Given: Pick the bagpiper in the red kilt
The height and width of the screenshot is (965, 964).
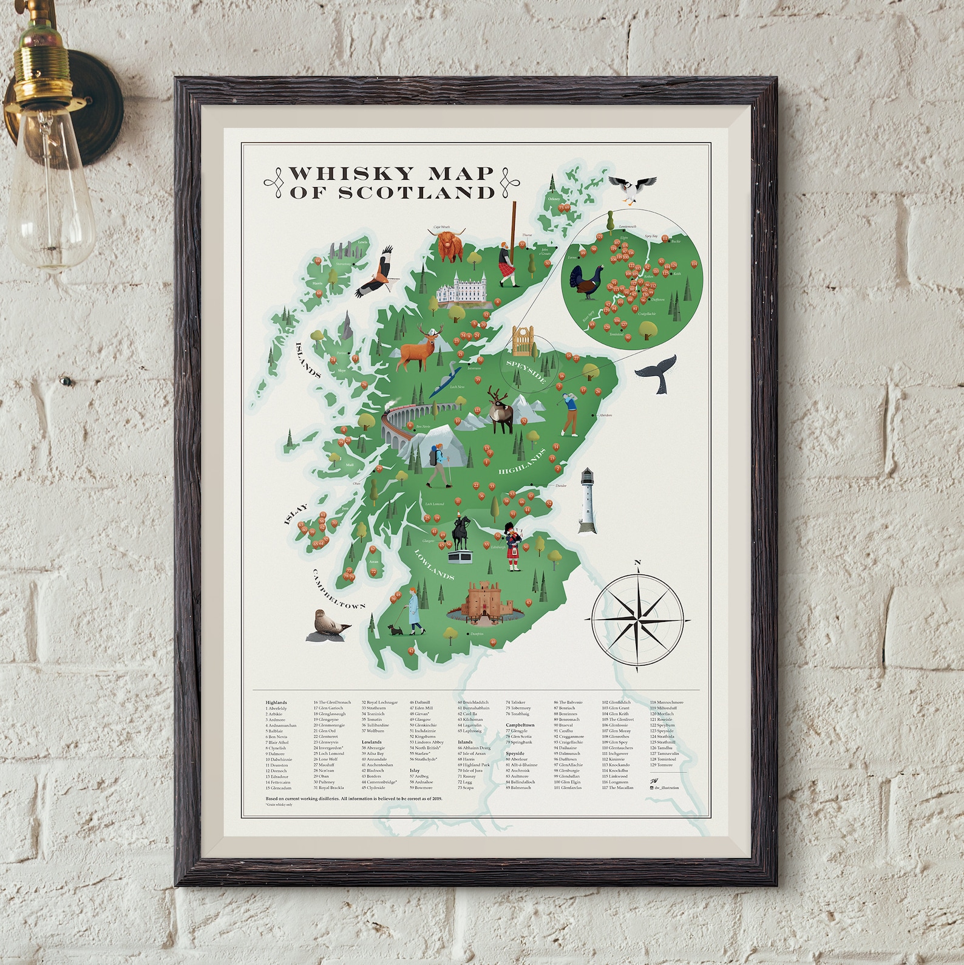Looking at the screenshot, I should click(x=515, y=544).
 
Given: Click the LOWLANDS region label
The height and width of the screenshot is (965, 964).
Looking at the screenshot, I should click(x=434, y=564).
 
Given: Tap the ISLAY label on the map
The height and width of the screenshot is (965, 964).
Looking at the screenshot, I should click(x=296, y=513).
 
